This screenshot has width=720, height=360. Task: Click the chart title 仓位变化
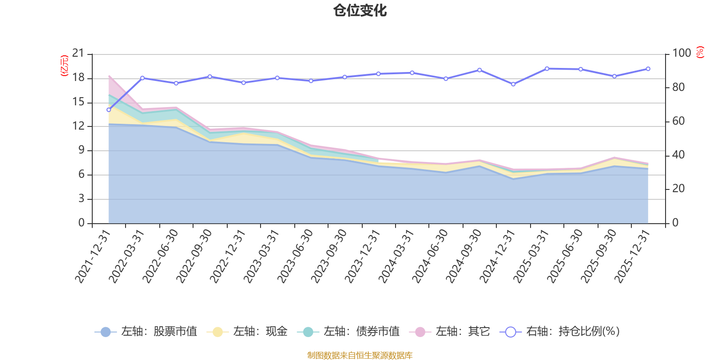click(x=360, y=10)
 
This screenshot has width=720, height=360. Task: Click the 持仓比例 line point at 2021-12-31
click(x=108, y=110)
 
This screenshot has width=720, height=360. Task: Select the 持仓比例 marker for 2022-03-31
click(x=142, y=78)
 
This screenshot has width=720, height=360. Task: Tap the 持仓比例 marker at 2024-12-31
click(x=513, y=84)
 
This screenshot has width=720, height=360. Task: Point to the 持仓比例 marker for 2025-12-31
click(x=648, y=69)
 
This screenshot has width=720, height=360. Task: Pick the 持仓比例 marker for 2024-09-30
click(x=479, y=70)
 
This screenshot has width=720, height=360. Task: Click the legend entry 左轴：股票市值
click(x=146, y=332)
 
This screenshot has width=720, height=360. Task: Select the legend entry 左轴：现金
click(x=247, y=332)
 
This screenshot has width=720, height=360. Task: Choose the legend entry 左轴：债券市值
click(x=348, y=332)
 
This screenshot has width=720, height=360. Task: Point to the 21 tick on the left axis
click(x=78, y=54)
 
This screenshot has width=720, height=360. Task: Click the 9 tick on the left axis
click(x=81, y=150)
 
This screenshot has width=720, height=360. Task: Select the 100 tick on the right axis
click(x=681, y=54)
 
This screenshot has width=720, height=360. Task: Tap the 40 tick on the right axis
click(x=678, y=155)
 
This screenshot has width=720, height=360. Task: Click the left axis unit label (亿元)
click(x=64, y=66)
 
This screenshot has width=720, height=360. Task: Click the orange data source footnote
click(x=360, y=355)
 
